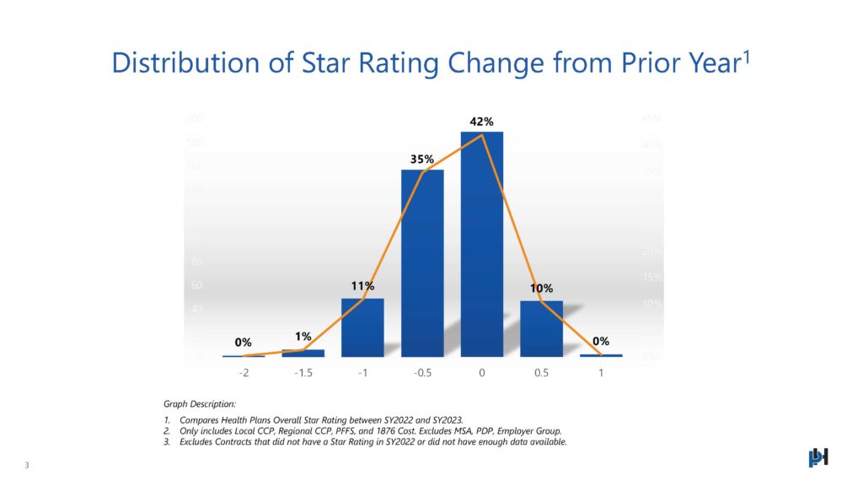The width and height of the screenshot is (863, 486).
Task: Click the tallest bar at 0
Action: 481,245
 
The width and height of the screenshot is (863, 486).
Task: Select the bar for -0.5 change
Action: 422,263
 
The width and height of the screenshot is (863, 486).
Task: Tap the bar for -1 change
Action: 362,327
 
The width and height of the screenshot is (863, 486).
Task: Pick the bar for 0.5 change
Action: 541,328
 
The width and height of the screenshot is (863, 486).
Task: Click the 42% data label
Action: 482,121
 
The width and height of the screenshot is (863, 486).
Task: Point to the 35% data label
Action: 422,159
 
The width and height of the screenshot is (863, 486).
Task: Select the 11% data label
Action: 363,287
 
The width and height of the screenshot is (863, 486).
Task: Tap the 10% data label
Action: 541,289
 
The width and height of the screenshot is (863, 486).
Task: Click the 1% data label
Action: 303,337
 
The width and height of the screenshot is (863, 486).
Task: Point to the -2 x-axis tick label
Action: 244,373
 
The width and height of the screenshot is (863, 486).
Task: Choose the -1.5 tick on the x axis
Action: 303,373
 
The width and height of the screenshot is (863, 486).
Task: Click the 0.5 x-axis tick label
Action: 541,373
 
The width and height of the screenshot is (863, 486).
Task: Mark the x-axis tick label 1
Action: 601,373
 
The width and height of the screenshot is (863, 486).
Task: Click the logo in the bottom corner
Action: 818,456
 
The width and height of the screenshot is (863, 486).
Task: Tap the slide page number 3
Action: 27,465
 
